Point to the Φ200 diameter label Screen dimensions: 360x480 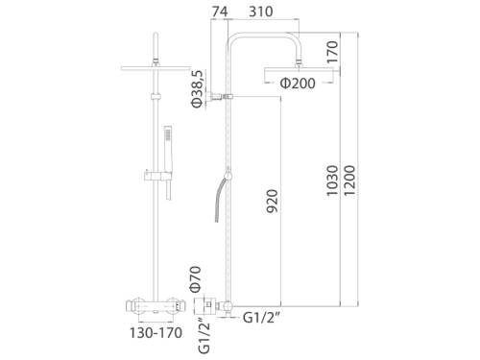(x=299, y=84)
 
